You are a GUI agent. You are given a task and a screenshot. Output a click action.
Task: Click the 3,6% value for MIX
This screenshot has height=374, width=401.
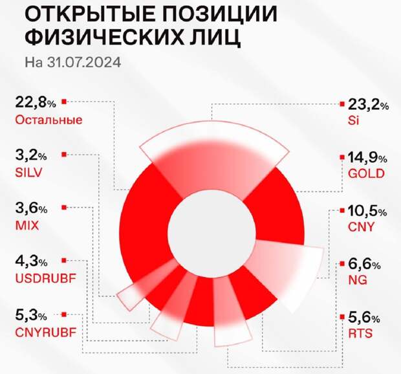tap(30, 209)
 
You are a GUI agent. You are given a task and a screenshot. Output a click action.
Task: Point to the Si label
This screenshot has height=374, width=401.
tap(352, 120)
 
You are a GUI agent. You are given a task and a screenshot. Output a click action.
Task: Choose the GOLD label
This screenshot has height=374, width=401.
tap(366, 173)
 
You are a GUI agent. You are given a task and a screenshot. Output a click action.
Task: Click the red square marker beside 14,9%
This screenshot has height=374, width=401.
tap(341, 157)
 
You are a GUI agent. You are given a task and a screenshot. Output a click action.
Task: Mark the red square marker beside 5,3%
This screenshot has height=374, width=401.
tap(63, 314)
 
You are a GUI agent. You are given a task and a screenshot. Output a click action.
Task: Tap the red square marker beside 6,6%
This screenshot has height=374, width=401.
tap(341, 263)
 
